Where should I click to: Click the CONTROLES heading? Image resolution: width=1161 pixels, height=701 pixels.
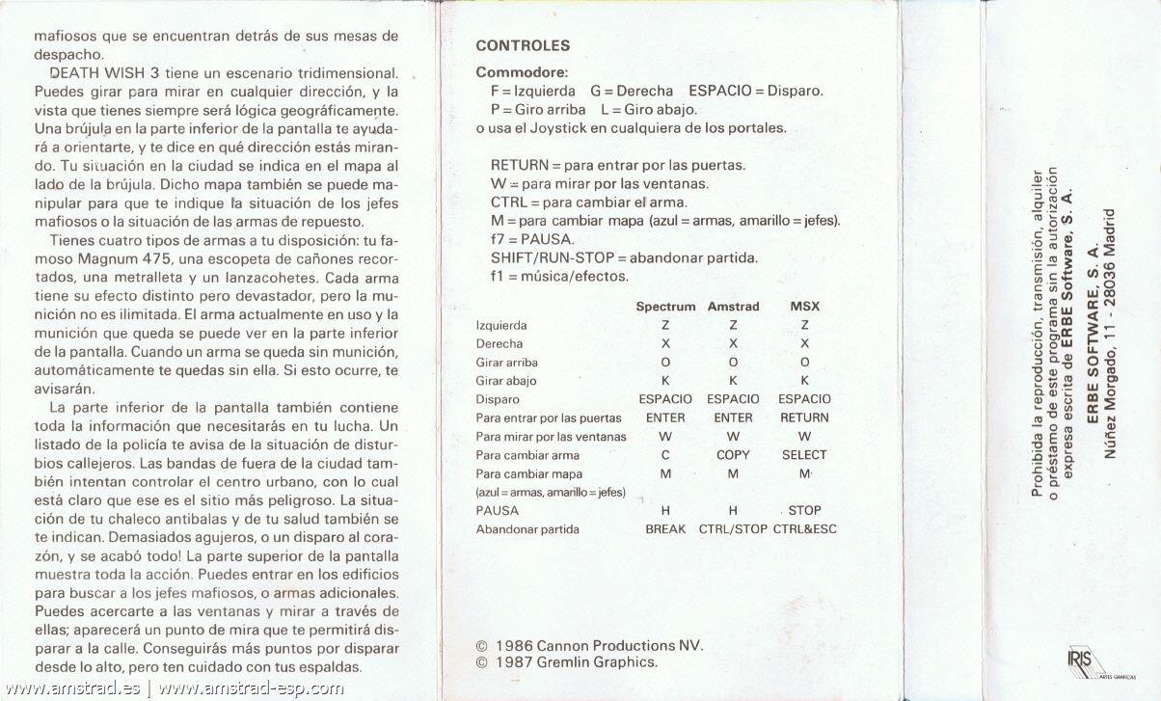pos(523,45)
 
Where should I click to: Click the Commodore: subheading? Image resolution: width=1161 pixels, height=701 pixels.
pos(522,72)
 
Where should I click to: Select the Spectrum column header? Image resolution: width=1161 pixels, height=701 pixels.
pos(665,307)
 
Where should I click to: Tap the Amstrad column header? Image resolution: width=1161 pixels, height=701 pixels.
pos(733,307)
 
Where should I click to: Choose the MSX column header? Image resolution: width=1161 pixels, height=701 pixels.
pos(804,307)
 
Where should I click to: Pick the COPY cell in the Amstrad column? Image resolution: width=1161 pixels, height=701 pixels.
pos(733,455)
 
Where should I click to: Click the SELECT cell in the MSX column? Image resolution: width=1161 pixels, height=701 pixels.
pos(804,455)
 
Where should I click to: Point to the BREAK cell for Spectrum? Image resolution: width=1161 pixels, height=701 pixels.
pos(665,529)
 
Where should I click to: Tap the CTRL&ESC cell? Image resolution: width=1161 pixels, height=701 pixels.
pos(804,529)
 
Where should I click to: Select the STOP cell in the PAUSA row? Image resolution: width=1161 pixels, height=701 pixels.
pos(804,510)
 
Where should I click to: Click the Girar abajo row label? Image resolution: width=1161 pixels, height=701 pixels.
pos(506,381)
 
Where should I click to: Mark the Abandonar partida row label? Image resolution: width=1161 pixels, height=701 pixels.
pos(527,529)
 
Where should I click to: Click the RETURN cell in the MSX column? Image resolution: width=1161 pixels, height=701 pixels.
pos(804,418)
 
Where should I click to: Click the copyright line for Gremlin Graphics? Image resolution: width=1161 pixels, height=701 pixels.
pos(567,662)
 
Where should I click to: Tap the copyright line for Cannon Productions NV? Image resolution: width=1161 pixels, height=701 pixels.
pos(590,645)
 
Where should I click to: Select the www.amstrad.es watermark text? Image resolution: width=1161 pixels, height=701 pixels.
pos(72,688)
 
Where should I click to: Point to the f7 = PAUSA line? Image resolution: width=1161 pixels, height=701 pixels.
pos(532,239)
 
